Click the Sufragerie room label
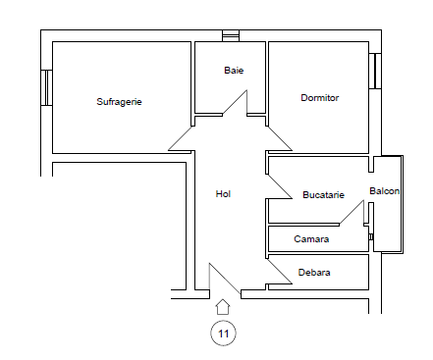pyautogui.click(x=119, y=101)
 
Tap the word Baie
pyautogui.click(x=233, y=71)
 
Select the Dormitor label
pyautogui.click(x=319, y=97)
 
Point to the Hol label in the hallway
pyautogui.click(x=223, y=194)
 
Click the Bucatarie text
pyautogui.click(x=323, y=194)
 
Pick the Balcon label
pyautogui.click(x=384, y=190)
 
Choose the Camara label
pyautogui.click(x=311, y=238)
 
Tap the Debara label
pyautogui.click(x=315, y=273)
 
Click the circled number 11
pyautogui.click(x=223, y=334)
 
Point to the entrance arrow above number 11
pyautogui.click(x=223, y=307)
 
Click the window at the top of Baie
pyautogui.click(x=230, y=36)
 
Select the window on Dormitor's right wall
pyautogui.click(x=374, y=70)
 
